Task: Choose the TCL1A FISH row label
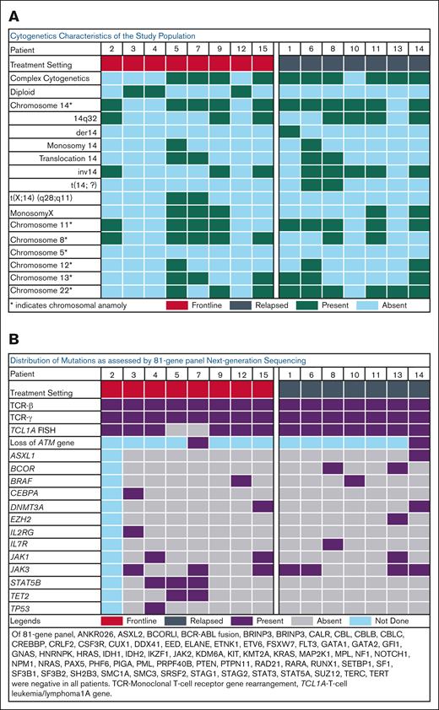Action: (x=33, y=428)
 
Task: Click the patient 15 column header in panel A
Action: (x=262, y=49)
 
